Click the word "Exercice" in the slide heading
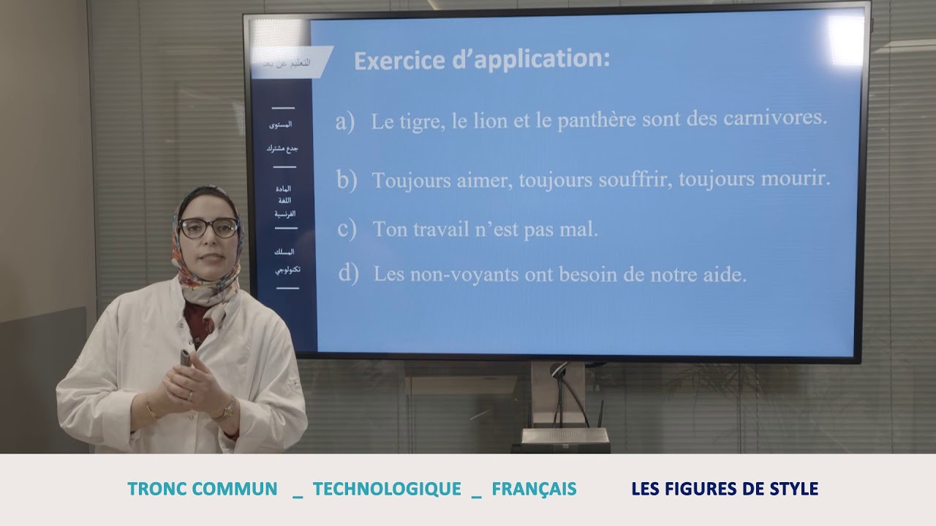point(396,60)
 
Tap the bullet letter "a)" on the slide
point(344,122)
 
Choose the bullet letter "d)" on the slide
point(348,274)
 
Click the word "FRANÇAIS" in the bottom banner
point(534,489)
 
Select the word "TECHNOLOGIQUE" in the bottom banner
point(387,489)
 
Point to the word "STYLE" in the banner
point(791,489)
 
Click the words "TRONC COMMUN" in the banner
point(203,489)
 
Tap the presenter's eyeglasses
point(208,228)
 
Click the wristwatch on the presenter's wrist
point(225,409)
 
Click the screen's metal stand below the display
point(559,398)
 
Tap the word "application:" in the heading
point(541,60)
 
